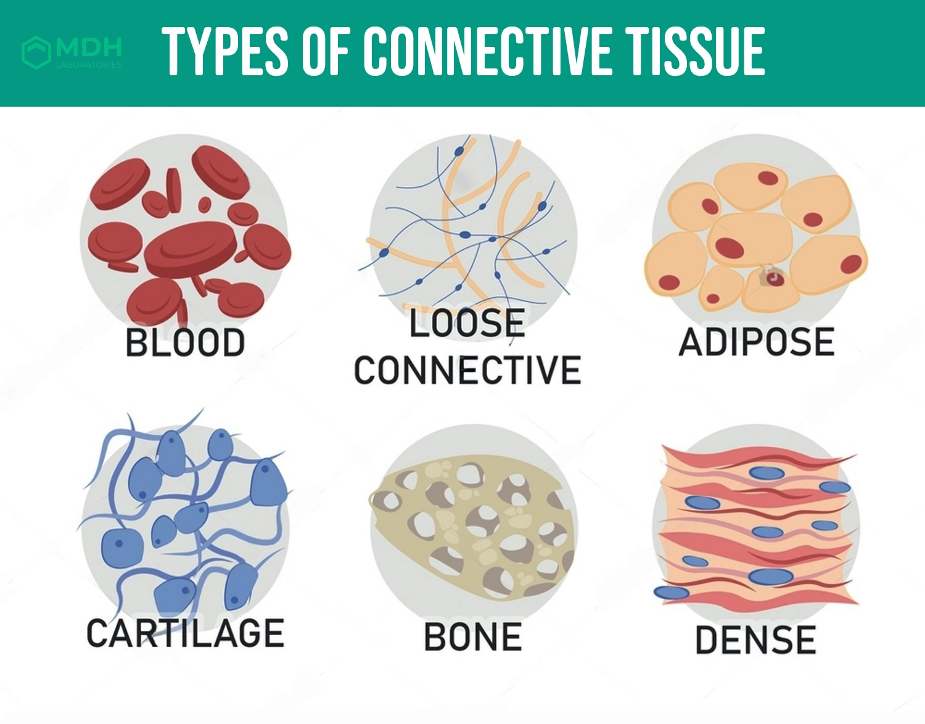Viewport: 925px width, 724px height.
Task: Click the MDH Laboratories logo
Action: [x=72, y=52]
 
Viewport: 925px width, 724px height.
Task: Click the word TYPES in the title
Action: [x=226, y=52]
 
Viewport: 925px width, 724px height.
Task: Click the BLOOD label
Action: [x=185, y=343]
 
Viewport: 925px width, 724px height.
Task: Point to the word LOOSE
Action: [x=467, y=323]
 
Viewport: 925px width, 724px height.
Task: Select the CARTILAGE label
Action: [x=185, y=633]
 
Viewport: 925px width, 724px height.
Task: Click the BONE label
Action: [x=473, y=636]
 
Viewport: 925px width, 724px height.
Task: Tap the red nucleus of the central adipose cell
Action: [x=729, y=247]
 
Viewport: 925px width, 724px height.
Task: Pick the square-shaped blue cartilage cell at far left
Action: [x=122, y=548]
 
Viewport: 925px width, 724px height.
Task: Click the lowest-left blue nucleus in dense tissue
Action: [x=672, y=592]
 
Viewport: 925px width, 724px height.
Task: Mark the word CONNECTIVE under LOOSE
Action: [x=467, y=369]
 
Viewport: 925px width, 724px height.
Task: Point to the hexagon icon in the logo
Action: [x=36, y=52]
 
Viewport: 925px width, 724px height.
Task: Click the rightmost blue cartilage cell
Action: [x=268, y=483]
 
